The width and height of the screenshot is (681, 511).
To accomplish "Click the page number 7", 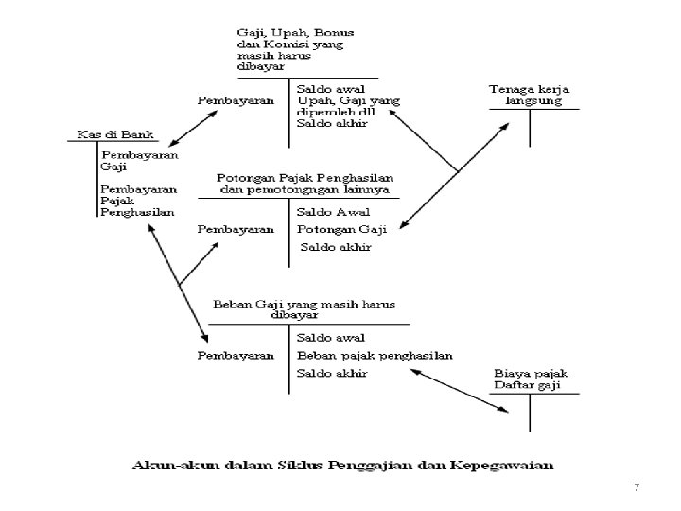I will point(637,487).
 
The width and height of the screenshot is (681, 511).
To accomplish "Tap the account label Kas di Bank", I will point(102,135).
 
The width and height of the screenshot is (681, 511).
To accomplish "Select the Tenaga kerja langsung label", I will point(526,95).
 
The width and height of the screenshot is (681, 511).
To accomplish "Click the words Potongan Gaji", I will point(334,229).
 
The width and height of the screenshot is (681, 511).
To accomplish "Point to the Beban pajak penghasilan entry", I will point(375,356).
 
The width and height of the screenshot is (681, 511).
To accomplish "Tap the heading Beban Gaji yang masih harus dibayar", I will point(304,309).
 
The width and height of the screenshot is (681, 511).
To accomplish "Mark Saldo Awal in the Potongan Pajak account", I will point(333,212).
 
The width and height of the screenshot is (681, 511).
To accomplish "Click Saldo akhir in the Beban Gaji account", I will point(332,374).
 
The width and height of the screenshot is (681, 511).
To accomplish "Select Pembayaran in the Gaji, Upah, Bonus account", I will point(236,99).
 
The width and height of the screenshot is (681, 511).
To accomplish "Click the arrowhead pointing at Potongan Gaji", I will point(403,227).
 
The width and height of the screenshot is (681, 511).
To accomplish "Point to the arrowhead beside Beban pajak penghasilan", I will point(412,371).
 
